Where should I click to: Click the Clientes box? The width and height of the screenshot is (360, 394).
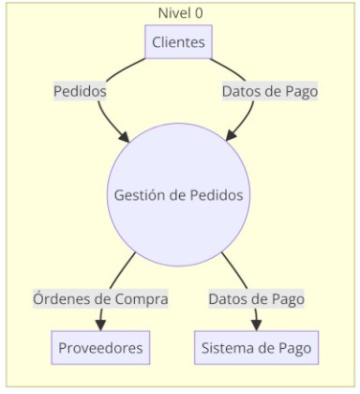[x=178, y=42]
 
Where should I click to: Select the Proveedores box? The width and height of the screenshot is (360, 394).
[x=100, y=347]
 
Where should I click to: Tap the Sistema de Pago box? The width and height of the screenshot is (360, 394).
[x=256, y=347]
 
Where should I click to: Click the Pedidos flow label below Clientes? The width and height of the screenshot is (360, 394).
[x=80, y=91]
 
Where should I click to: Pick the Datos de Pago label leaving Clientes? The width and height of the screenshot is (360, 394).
[x=270, y=91]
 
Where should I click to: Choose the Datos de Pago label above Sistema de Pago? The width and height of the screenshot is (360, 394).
[x=256, y=298]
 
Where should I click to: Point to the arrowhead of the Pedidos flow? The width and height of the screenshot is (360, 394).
[x=124, y=137]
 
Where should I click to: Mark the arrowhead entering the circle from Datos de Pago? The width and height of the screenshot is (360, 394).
[x=231, y=135]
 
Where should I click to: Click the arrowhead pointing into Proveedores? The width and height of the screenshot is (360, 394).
[x=100, y=325]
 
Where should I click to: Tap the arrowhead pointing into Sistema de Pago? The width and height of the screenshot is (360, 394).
[x=256, y=325]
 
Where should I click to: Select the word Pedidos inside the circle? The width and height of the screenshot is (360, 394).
[x=217, y=195]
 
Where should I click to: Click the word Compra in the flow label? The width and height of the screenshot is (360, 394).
[x=142, y=299]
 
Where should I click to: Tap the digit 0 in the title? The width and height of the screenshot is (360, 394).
[x=199, y=13]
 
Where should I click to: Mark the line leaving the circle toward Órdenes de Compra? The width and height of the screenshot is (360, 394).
[x=122, y=270]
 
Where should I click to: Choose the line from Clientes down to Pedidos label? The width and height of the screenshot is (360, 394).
[x=124, y=68]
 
